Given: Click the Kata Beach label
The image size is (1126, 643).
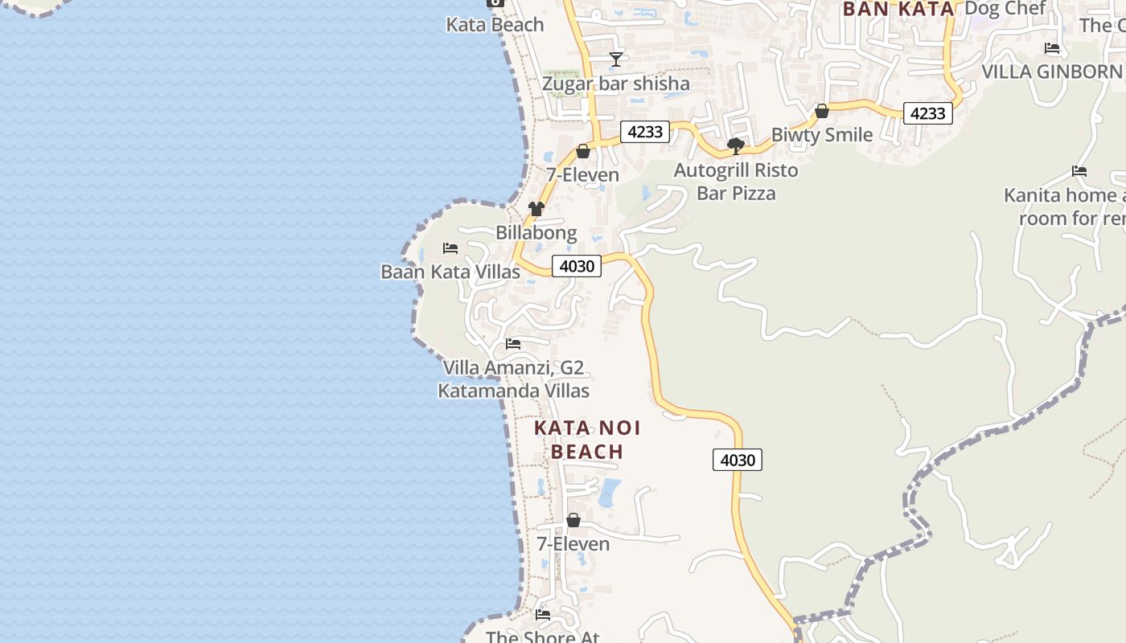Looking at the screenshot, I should click(495, 25).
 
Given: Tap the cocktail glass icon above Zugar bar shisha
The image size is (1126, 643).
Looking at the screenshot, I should click(616, 59).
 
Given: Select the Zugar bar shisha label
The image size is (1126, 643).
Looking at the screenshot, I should click(616, 84).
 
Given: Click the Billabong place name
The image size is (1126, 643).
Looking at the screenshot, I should click(536, 233).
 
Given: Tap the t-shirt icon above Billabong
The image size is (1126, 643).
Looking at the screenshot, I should click(536, 209).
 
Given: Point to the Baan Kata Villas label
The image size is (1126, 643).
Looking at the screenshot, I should click(450, 272).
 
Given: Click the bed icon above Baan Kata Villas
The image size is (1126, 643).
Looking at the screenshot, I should click(450, 248).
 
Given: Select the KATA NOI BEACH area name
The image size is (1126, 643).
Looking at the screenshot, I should click(587, 440).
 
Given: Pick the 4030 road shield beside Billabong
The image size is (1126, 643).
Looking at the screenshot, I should click(577, 266).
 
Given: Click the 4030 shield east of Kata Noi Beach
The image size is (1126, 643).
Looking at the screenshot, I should click(738, 460).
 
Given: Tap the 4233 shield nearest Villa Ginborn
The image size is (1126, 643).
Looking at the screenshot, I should click(927, 113).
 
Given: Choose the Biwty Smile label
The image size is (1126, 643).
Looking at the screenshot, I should click(821, 134).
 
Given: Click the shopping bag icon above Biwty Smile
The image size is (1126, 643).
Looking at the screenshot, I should click(822, 111).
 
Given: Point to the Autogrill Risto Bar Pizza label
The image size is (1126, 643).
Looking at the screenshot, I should click(736, 182).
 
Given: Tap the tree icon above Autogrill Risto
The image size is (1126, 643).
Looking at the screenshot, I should click(735, 145).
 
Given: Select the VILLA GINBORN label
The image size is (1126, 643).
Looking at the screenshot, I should click(1051, 72).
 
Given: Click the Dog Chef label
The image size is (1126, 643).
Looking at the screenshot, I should click(1005, 9).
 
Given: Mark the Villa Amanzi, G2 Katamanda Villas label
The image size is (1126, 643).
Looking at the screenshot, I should click(513, 379).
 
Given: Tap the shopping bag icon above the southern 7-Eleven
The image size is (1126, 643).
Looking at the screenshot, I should click(573, 520).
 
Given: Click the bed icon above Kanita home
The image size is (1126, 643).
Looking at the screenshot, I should click(1079, 171).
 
